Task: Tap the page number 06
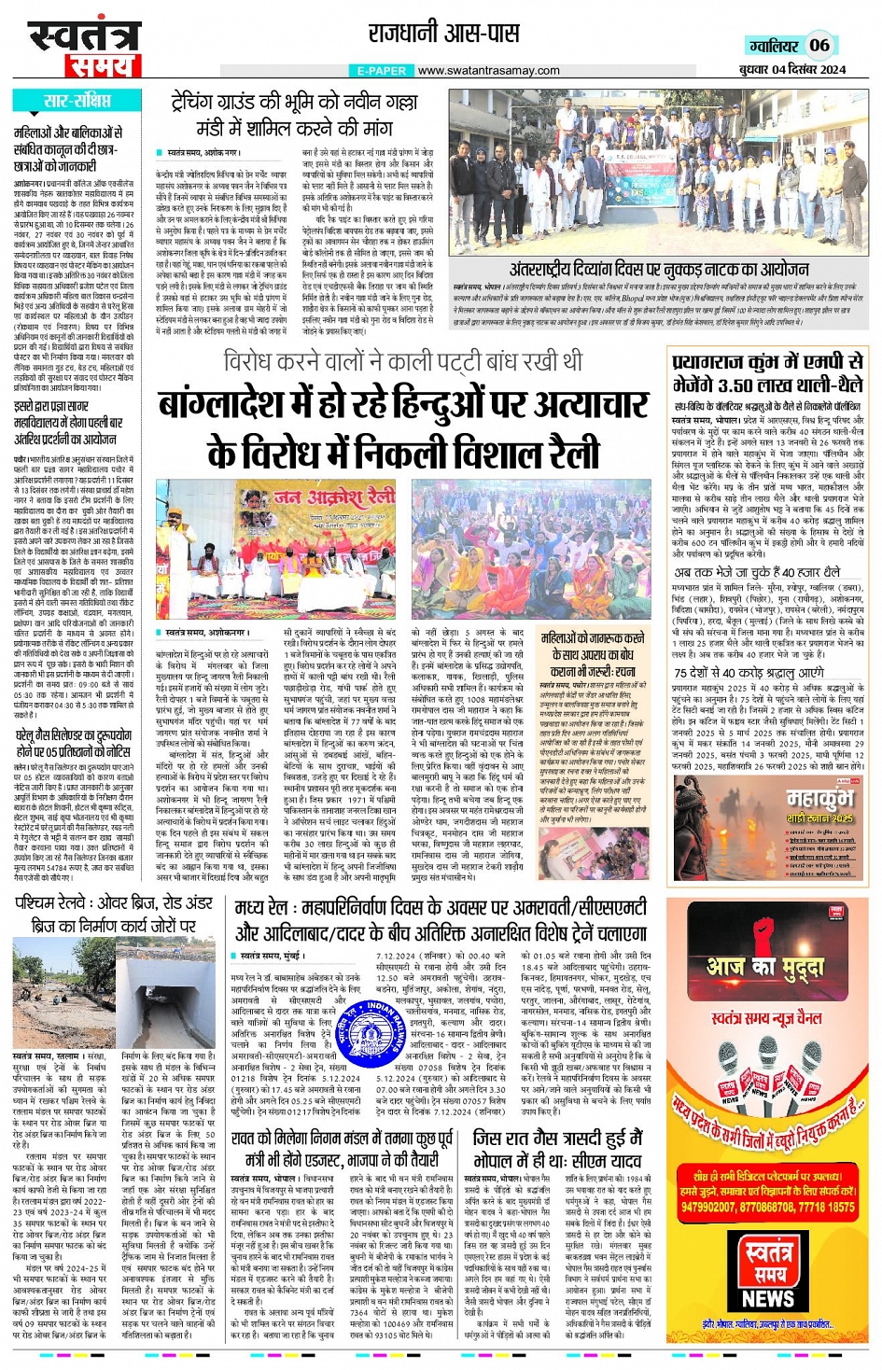(819, 45)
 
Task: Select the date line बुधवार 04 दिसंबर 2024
(792, 70)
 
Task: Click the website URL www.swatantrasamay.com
(488, 70)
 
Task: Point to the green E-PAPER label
(381, 70)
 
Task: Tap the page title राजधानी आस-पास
(443, 34)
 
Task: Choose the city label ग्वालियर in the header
(774, 46)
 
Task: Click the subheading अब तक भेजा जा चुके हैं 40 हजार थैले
(757, 572)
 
